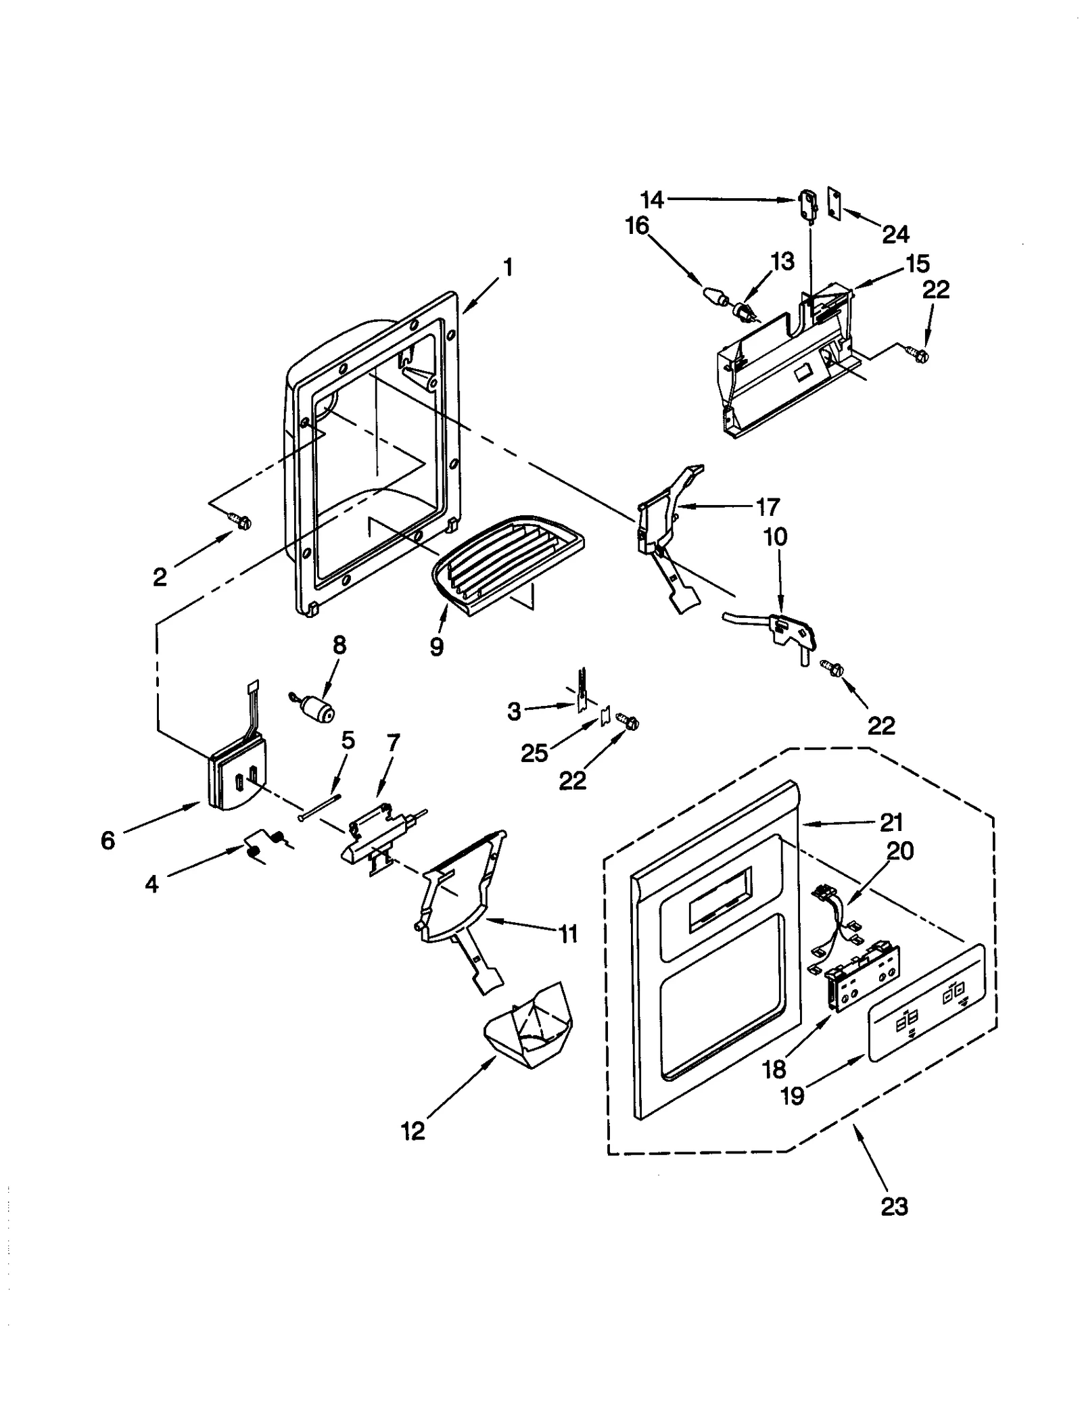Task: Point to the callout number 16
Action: tap(636, 225)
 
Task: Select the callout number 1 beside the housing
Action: tap(507, 268)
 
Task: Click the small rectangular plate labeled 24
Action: tap(834, 204)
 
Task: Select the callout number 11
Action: tap(568, 934)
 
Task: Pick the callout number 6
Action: tap(108, 840)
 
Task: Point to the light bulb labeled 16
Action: tap(715, 295)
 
